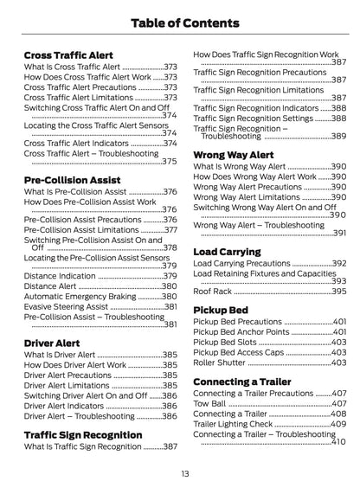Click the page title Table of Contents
click(179, 22)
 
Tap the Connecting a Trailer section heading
click(247, 381)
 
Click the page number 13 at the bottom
click(184, 473)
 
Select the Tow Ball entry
click(210, 403)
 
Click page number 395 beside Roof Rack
click(339, 292)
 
